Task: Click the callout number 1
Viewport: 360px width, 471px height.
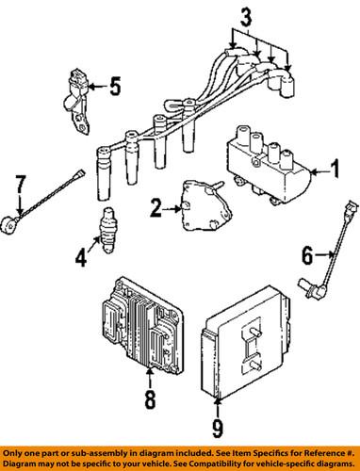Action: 335,169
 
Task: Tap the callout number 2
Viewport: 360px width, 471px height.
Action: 156,207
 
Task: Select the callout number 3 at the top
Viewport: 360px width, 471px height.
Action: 246,18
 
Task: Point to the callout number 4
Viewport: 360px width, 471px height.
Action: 81,258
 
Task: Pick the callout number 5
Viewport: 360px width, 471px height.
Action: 115,86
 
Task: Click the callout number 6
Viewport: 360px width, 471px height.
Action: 307,255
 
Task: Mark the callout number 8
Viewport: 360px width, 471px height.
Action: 150,399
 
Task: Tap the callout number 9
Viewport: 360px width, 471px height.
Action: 218,429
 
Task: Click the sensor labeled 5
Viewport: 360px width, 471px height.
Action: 76,101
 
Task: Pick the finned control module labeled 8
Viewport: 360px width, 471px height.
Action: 141,326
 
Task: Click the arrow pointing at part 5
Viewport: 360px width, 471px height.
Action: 98,86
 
